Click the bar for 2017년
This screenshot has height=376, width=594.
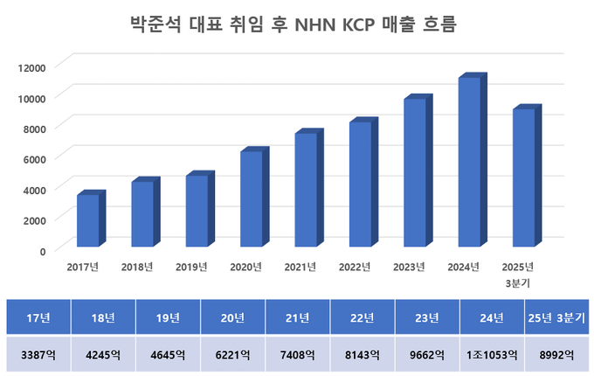point(88,220)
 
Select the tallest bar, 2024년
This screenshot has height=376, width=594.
point(469,162)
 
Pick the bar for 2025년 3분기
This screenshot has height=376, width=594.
point(524,178)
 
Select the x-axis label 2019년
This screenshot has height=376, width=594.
point(191,267)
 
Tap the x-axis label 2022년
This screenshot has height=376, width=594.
point(355,267)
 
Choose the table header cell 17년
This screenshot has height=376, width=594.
point(38,317)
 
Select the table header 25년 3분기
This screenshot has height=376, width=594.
point(556,317)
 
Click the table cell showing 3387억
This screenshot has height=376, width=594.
point(38,355)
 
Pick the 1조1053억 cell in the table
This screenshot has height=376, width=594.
point(492,355)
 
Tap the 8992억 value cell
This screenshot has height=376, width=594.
point(556,355)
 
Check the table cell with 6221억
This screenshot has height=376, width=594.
point(233,355)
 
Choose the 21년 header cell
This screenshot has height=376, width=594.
point(298,317)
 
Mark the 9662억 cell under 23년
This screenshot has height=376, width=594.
point(427,355)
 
